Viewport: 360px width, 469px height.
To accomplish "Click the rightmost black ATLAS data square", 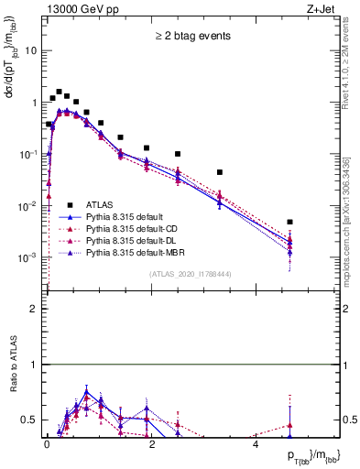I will [x=289, y=222].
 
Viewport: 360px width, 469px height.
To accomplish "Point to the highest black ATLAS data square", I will [x=59, y=92].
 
